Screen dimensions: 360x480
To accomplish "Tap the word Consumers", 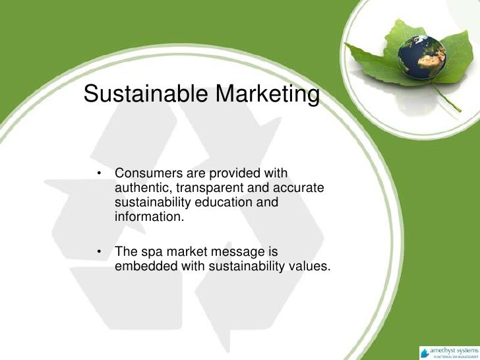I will point(149,174).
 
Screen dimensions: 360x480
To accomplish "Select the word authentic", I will point(140,188).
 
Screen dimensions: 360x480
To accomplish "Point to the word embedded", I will point(143,266).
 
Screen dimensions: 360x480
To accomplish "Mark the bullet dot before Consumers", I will point(98,175).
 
